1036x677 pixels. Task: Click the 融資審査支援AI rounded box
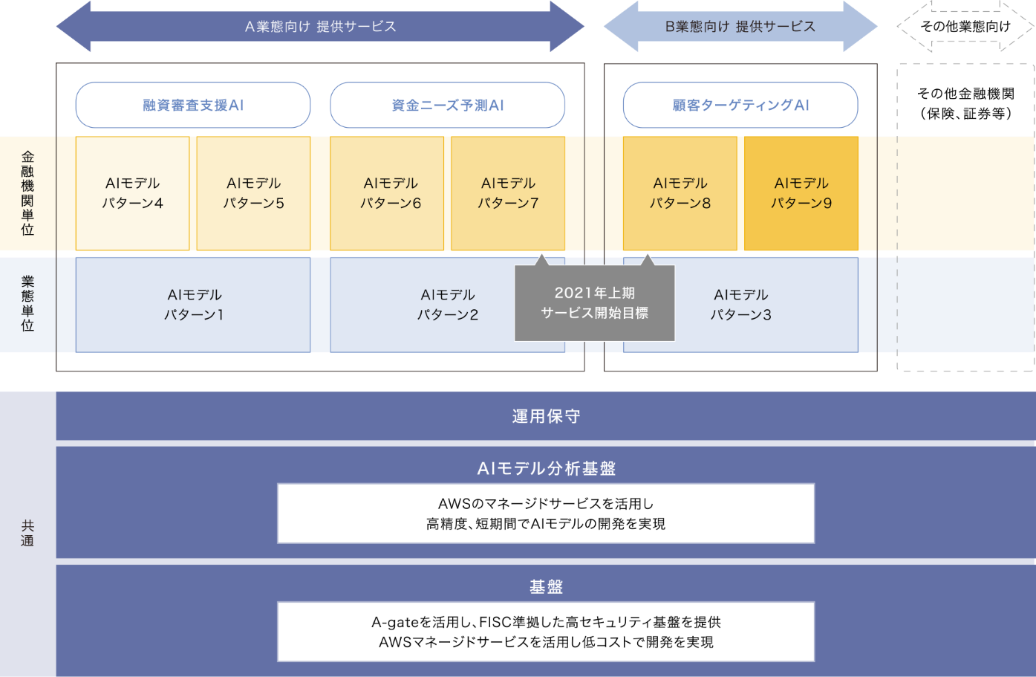193,105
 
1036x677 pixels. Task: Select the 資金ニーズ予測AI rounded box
447,105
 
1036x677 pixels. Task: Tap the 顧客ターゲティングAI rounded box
740,105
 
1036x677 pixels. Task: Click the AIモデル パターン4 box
132,193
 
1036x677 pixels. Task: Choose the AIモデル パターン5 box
253,193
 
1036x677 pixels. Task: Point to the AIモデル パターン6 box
390,193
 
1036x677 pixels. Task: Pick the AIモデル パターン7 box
508,193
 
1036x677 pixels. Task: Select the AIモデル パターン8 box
680,193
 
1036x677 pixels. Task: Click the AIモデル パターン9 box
801,193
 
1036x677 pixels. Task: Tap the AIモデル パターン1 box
193,305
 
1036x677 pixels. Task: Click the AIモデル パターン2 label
447,305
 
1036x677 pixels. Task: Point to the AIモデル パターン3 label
740,305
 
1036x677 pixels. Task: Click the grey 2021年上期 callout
594,303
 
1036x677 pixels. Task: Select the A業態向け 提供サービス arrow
320,27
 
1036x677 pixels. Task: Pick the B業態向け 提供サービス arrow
740,27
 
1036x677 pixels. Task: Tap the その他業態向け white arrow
965,27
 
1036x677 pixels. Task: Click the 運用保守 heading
546,416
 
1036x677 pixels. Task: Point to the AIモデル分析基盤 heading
546,468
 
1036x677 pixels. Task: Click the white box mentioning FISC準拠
546,632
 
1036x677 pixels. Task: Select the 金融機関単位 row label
27,193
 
